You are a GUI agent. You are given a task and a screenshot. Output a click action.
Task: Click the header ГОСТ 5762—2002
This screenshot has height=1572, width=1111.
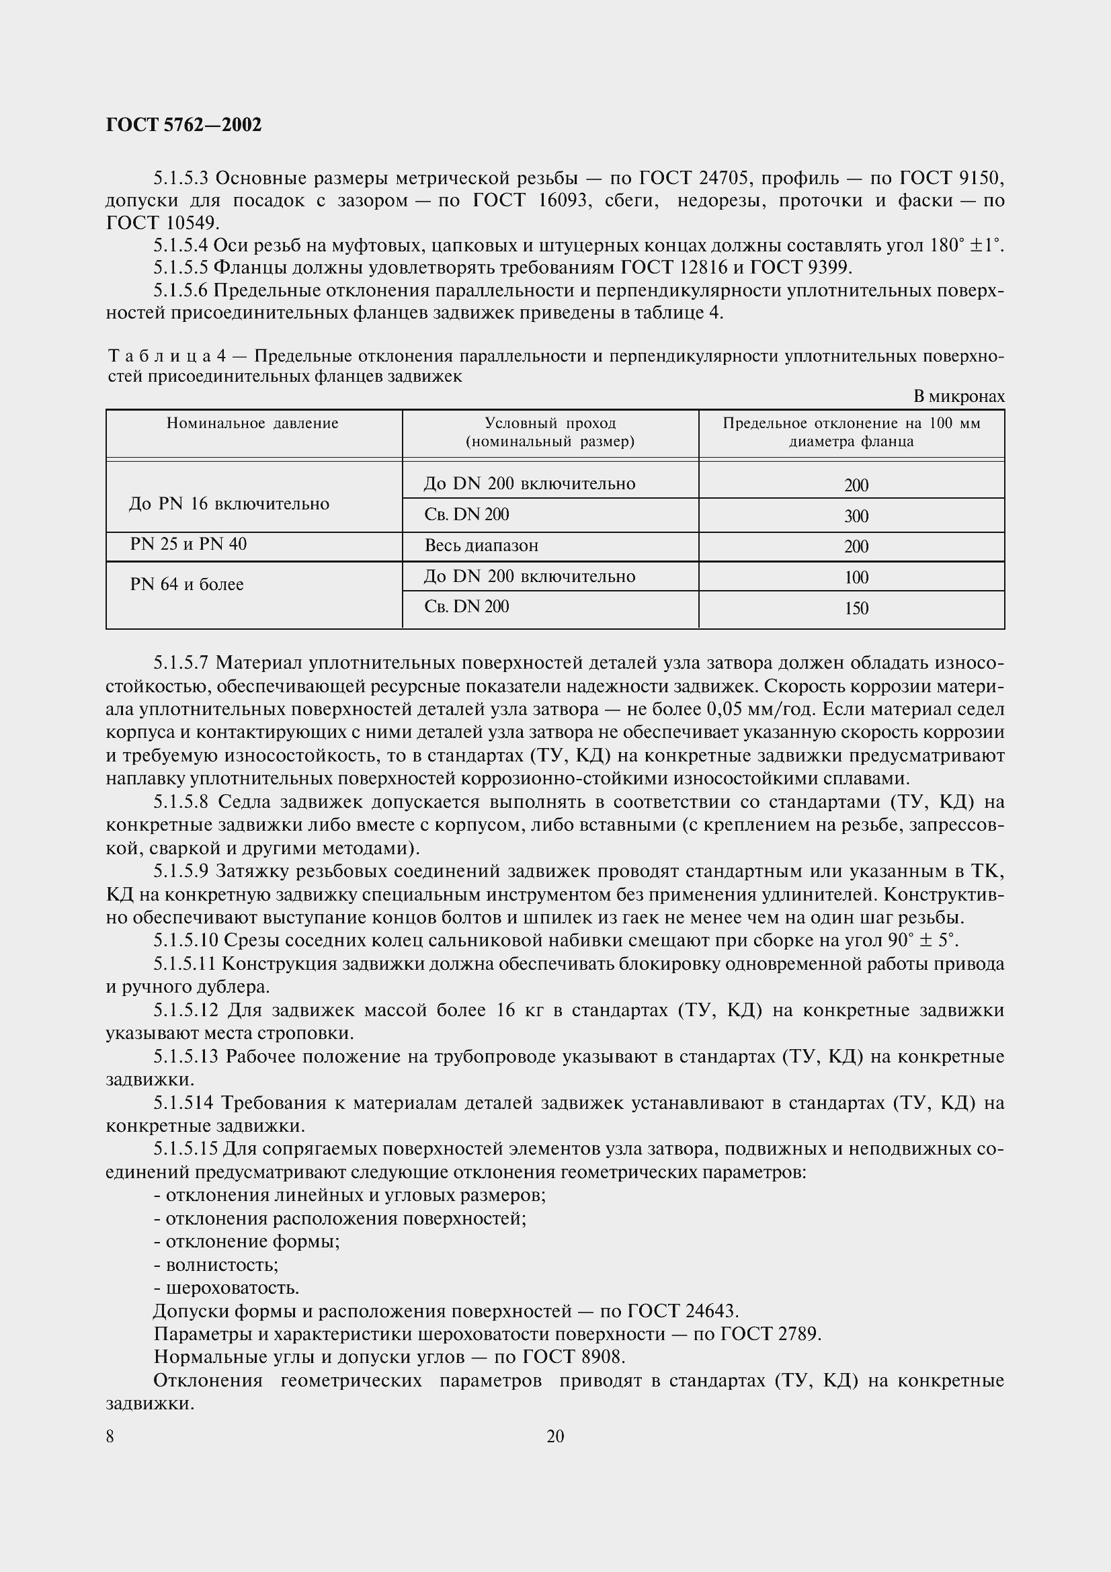[x=183, y=125]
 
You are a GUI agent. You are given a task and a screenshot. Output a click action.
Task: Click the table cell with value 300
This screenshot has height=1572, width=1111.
[x=856, y=516]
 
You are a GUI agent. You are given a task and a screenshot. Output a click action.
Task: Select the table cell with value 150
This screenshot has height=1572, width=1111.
[x=856, y=609]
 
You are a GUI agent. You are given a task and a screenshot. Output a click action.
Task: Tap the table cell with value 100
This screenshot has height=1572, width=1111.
[x=856, y=578]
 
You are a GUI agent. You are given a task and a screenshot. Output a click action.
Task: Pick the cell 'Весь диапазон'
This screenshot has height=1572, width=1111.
[x=481, y=546]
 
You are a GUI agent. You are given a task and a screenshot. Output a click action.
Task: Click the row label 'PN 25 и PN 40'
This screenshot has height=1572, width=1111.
[x=188, y=544]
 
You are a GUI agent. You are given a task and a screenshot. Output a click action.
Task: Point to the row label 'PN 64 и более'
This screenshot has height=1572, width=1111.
[x=187, y=585]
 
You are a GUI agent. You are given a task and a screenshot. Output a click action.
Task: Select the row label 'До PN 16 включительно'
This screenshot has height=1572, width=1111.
[x=229, y=504]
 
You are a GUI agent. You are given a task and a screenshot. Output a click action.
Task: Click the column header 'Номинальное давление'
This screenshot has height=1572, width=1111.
[x=253, y=424]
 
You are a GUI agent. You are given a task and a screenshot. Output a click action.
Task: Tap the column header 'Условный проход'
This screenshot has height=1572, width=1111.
[x=550, y=424]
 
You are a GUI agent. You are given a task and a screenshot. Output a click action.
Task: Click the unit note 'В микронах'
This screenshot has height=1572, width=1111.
[x=958, y=397]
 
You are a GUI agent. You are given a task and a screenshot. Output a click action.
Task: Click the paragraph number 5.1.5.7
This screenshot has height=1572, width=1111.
[x=181, y=663]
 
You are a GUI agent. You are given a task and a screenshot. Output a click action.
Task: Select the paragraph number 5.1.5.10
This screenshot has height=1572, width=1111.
[x=185, y=941]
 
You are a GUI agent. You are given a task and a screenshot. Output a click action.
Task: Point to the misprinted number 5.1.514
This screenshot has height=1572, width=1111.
[x=183, y=1103]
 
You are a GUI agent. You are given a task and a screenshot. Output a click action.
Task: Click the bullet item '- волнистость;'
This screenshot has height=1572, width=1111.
[x=216, y=1265]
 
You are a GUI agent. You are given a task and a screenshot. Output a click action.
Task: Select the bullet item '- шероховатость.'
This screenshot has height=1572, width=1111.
[x=227, y=1288]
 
